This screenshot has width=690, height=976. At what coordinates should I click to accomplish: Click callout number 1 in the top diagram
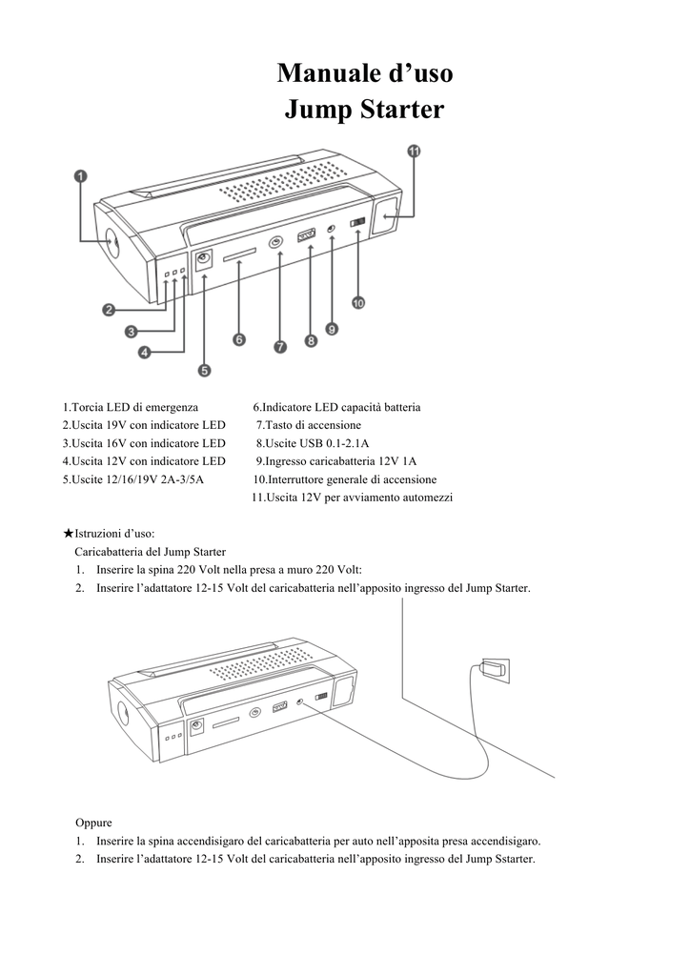pos(81,176)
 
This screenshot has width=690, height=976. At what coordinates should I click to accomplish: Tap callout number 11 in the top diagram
pos(415,152)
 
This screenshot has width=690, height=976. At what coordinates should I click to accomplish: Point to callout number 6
pos(238,339)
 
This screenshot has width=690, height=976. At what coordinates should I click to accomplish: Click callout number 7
pos(280,347)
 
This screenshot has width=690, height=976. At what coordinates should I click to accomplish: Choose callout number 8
pos(311,339)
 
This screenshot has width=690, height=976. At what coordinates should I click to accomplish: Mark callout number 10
pos(358,303)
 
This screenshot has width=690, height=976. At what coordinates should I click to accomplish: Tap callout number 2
pos(110,309)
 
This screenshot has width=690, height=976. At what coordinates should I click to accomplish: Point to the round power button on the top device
pos(276,243)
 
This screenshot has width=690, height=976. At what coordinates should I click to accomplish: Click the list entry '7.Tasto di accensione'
pos(309,425)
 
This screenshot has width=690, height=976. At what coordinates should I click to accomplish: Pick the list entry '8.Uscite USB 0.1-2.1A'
pos(313,443)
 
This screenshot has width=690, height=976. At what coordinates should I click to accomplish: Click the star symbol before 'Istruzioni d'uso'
pos(68,534)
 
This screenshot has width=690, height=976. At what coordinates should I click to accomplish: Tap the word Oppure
pos(93,823)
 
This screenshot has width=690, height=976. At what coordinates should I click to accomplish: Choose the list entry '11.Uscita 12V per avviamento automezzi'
pos(352,498)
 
